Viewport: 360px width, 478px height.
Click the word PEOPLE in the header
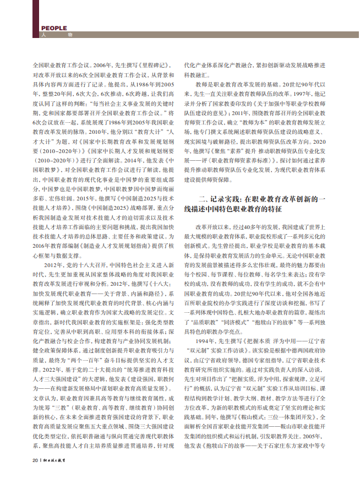[54, 28]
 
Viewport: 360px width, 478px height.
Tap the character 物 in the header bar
[70, 35]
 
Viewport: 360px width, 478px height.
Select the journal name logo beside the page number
[55, 460]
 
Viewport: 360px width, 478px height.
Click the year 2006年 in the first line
[101, 64]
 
